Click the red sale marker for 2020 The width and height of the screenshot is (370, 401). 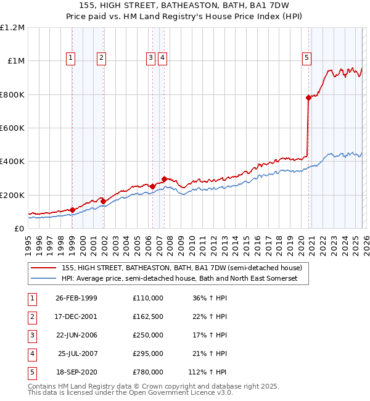pyautogui.click(x=308, y=97)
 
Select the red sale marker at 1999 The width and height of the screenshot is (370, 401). pyautogui.click(x=73, y=210)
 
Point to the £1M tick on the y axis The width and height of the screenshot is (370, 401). pyautogui.click(x=16, y=61)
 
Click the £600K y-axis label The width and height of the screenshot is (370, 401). pyautogui.click(x=13, y=128)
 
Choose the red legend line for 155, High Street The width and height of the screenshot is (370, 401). pyautogui.click(x=44, y=268)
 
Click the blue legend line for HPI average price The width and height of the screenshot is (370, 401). pyautogui.click(x=44, y=278)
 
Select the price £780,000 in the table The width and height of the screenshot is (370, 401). pyautogui.click(x=147, y=372)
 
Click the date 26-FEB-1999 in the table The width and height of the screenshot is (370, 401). pyautogui.click(x=76, y=298)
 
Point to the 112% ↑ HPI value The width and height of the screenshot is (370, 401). pyautogui.click(x=207, y=372)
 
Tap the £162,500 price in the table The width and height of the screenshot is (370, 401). pyautogui.click(x=147, y=316)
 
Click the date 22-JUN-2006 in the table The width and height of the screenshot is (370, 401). pyautogui.click(x=76, y=335)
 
